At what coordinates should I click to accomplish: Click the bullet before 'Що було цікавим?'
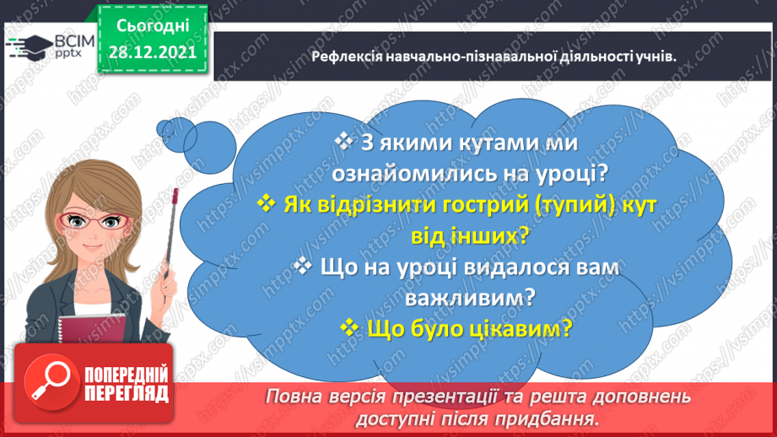tap(349, 326)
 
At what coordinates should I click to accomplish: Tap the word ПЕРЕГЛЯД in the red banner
tap(127, 394)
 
